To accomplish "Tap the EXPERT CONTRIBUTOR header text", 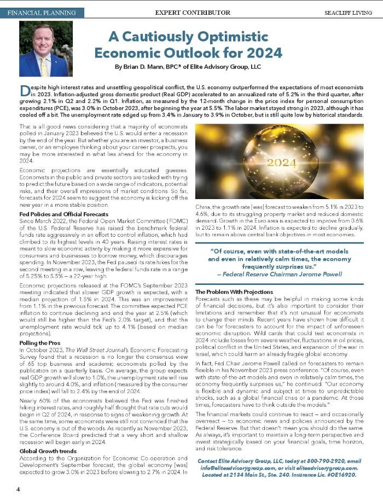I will (x=192, y=12).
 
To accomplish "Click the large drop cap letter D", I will (x=24, y=91).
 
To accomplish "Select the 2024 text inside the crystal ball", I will (x=281, y=163).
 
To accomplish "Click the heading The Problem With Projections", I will (x=234, y=292).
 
